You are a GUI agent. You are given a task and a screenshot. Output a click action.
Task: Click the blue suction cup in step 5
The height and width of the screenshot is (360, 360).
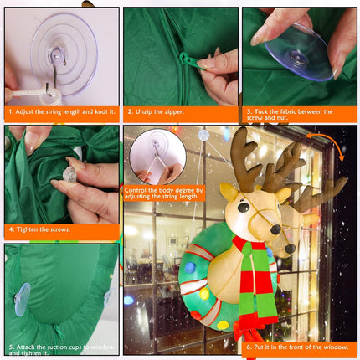[x=22, y=299]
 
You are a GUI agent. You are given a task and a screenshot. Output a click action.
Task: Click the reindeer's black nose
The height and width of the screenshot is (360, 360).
[x=275, y=229]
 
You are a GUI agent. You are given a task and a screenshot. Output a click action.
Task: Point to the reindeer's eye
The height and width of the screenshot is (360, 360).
[x=244, y=207]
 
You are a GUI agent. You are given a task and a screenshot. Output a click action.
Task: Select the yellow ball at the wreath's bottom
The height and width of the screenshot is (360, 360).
[x=223, y=325]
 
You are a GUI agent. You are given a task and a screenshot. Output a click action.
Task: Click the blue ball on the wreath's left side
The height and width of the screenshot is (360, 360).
[x=190, y=268]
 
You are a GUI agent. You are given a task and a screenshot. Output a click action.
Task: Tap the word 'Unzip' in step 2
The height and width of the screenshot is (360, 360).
[x=143, y=112]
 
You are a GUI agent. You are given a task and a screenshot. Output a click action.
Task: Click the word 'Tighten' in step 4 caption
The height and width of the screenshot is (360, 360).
[x=27, y=229]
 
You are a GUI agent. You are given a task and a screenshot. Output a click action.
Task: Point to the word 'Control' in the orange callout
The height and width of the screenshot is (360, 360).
[x=136, y=190]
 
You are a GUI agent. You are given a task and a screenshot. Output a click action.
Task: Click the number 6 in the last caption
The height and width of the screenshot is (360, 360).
[x=249, y=347]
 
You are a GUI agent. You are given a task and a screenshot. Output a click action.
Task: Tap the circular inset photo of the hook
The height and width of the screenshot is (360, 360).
[x=157, y=157]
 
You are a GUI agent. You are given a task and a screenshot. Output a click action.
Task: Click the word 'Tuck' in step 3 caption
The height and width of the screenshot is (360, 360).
[x=260, y=111]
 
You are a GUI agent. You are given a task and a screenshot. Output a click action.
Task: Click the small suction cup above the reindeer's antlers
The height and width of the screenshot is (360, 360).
[x=203, y=135]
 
